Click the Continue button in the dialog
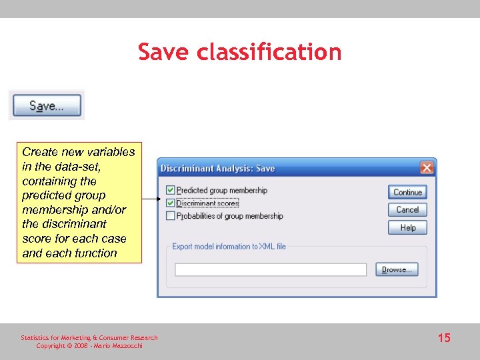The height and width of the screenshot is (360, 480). click(407, 192)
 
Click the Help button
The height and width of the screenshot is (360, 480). click(407, 227)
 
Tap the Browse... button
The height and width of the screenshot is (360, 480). click(397, 269)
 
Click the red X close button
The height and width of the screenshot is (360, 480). click(427, 168)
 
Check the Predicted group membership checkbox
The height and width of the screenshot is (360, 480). click(171, 191)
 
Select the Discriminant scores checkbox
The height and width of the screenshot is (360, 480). click(171, 203)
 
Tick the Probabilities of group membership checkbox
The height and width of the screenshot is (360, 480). click(171, 216)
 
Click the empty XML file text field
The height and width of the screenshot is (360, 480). click(271, 269)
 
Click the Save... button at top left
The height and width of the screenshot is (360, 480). click(46, 106)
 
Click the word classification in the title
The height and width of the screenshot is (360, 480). click(269, 52)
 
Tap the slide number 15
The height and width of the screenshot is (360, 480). click(444, 338)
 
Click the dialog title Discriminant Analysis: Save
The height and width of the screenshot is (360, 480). click(218, 169)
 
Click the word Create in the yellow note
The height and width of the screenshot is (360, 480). click(39, 152)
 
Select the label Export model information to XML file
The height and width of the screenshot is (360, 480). click(229, 246)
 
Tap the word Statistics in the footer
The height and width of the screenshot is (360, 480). click(35, 337)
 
